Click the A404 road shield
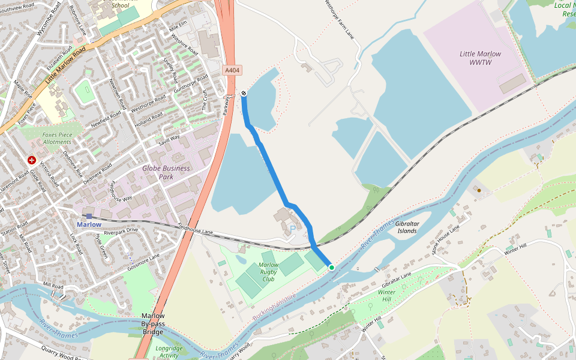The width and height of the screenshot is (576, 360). (233, 70)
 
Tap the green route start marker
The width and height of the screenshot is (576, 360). (331, 267)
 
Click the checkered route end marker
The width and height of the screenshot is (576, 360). (244, 93)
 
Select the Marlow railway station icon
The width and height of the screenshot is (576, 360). (89, 216)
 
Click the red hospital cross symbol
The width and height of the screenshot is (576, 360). (32, 161)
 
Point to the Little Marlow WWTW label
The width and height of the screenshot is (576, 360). (480, 58)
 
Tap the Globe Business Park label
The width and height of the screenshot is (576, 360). (166, 172)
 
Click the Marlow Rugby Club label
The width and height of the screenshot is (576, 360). (268, 272)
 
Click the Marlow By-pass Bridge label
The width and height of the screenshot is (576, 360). (153, 323)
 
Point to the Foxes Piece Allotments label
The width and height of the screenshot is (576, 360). (58, 139)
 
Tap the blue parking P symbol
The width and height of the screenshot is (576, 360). (293, 229)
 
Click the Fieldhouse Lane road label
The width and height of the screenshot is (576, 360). (196, 229)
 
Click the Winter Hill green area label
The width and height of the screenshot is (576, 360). (387, 295)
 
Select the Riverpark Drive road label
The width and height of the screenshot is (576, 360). (121, 231)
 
